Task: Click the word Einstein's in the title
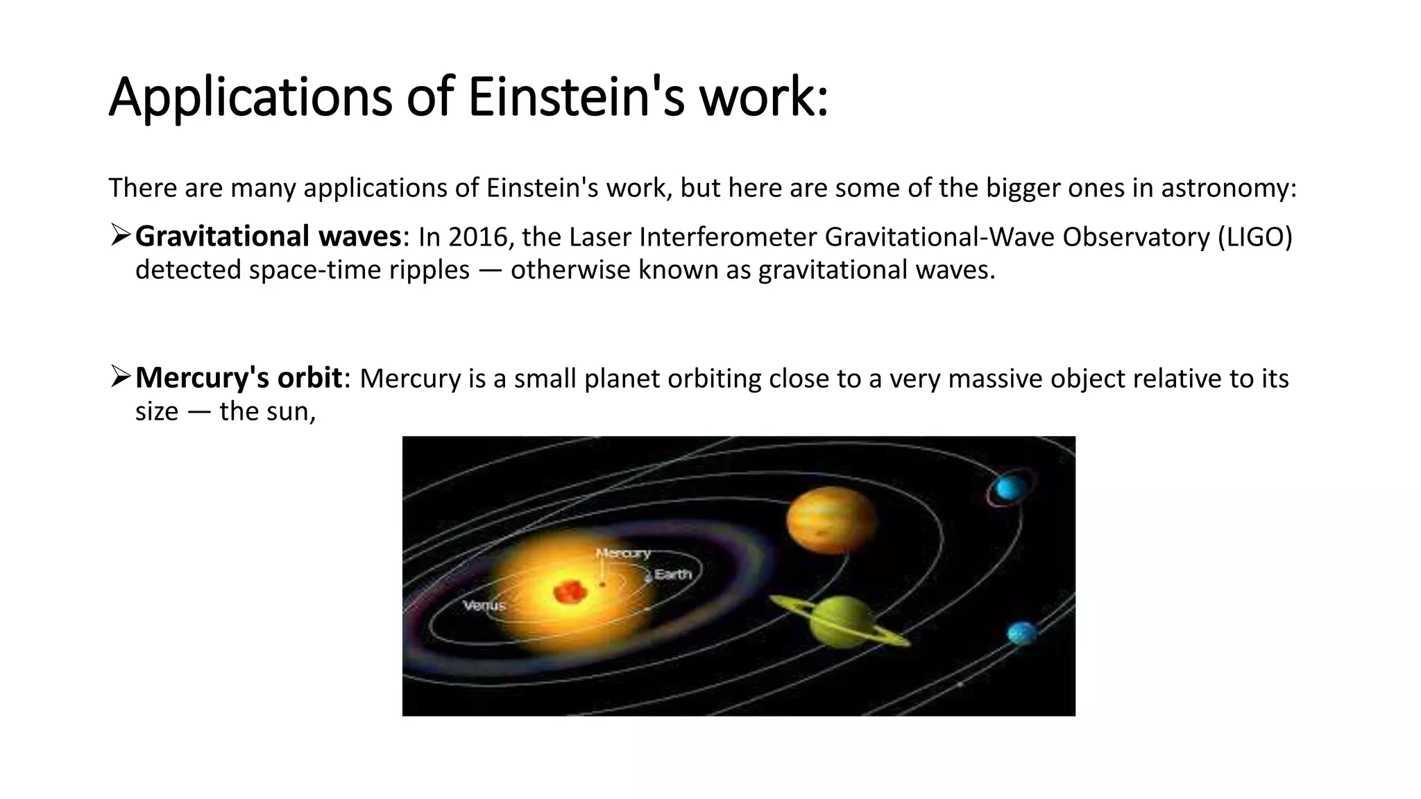click(x=576, y=97)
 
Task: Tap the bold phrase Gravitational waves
click(x=268, y=237)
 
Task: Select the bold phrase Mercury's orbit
click(x=238, y=379)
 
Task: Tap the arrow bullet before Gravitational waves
click(x=120, y=237)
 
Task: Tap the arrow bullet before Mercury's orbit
click(x=120, y=378)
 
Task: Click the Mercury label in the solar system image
click(x=623, y=553)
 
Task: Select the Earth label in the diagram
click(x=672, y=574)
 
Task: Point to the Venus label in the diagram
click(x=484, y=605)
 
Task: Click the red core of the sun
click(x=570, y=592)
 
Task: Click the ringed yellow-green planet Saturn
click(x=841, y=621)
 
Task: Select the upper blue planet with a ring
click(x=1009, y=489)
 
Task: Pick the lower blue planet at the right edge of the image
click(x=1021, y=633)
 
